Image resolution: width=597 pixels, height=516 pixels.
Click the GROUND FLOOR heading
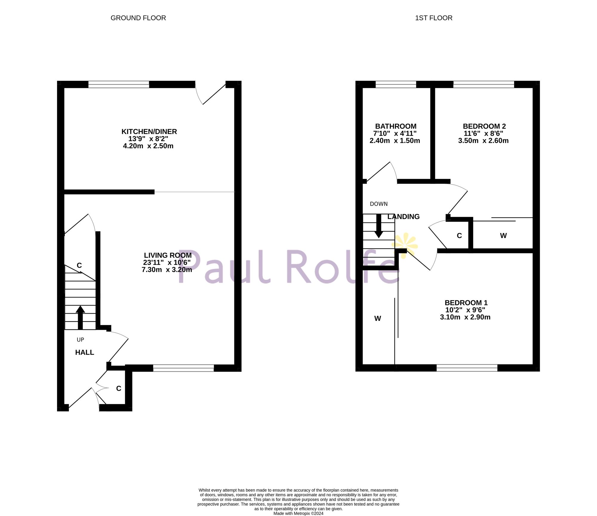click(138, 18)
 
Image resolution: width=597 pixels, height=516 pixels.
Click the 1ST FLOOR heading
click(433, 18)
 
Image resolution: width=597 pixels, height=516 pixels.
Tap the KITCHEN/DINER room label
click(149, 132)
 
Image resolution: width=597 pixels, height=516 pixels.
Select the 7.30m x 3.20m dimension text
click(167, 270)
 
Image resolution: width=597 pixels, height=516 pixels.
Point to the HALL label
click(84, 352)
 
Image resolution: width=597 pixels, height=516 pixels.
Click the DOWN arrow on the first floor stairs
click(379, 226)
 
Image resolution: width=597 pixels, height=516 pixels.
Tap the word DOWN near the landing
click(378, 204)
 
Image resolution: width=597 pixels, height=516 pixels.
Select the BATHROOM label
click(396, 126)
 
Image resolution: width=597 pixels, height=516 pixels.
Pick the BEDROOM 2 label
click(484, 126)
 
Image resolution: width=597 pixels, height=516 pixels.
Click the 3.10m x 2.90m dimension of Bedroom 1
click(465, 317)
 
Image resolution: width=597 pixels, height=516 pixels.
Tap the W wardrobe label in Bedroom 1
click(378, 319)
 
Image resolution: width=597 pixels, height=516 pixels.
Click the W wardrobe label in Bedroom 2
click(503, 236)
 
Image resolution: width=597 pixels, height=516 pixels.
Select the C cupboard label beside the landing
click(459, 236)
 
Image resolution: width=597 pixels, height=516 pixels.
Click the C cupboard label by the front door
click(119, 388)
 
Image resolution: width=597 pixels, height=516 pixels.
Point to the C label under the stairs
click(79, 265)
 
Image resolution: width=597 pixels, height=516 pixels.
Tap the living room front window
click(183, 368)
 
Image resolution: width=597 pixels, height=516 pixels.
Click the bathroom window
click(396, 84)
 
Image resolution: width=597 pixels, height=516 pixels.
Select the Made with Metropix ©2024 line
click(298, 513)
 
